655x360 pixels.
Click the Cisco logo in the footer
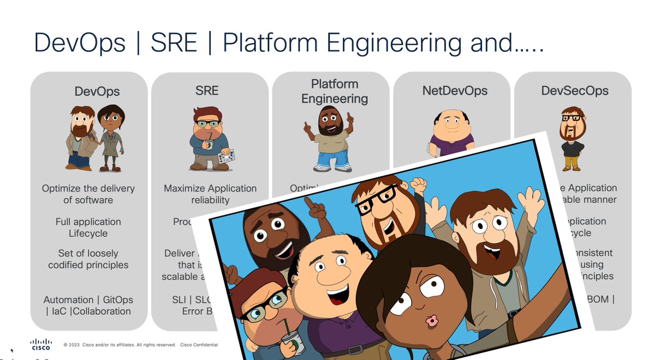(x=40, y=344)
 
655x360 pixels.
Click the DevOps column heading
(x=97, y=92)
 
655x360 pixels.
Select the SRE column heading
(x=207, y=91)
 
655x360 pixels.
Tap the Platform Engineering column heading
(x=335, y=91)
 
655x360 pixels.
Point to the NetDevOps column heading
(x=455, y=91)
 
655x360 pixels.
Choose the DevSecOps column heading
(x=575, y=91)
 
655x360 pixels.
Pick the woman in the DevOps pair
(x=111, y=136)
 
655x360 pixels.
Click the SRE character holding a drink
(x=210, y=139)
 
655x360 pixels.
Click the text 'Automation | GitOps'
(x=88, y=300)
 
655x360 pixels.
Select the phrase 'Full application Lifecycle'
(x=88, y=227)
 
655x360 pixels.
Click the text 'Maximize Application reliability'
(x=210, y=194)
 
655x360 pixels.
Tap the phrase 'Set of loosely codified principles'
(x=88, y=259)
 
